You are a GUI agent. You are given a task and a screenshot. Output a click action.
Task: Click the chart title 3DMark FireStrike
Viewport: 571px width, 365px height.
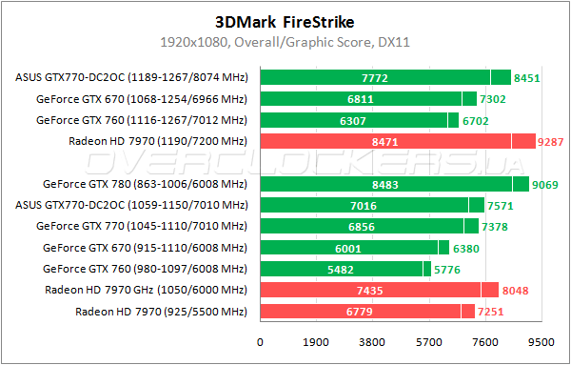(285, 22)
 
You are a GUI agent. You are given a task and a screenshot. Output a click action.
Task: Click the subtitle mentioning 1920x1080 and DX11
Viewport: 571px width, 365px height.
(285, 43)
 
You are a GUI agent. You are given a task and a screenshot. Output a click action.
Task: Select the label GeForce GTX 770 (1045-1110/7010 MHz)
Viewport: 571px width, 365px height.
(141, 226)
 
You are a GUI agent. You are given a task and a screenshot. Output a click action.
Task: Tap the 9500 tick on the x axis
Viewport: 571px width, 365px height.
(541, 342)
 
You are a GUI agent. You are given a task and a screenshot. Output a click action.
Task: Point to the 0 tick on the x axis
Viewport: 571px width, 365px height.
(260, 342)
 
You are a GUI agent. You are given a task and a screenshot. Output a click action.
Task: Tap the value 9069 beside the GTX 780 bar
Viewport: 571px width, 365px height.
(545, 184)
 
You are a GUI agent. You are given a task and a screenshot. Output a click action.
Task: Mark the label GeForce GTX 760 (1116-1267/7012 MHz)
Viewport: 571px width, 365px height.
(141, 120)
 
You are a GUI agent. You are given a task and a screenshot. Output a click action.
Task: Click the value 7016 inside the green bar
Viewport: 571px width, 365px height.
(364, 205)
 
